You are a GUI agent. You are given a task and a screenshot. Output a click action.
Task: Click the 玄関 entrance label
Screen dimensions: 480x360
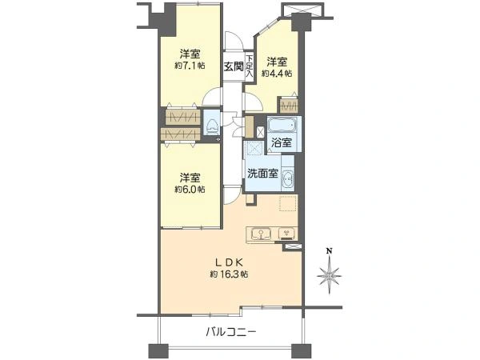tap(234, 66)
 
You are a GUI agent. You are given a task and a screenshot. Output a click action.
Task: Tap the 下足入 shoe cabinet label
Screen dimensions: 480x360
tap(250, 66)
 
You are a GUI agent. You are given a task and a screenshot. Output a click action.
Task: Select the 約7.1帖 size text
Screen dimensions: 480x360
tap(190, 66)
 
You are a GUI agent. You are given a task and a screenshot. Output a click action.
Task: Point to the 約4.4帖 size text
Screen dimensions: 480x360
tap(277, 74)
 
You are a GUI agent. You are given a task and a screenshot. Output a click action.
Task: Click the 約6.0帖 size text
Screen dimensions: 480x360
tap(190, 189)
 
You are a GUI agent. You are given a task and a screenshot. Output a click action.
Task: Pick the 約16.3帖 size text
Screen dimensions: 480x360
tap(229, 274)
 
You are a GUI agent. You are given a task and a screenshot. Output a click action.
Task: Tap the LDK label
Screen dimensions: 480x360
tap(229, 262)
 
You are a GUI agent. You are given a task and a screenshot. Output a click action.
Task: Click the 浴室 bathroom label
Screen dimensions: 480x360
tap(282, 142)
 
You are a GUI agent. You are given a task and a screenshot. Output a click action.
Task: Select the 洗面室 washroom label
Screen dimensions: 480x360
tap(262, 174)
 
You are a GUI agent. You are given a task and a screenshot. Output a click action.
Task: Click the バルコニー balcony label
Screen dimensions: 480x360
tap(231, 331)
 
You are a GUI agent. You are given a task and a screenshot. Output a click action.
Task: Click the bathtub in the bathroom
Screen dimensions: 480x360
tap(282, 125)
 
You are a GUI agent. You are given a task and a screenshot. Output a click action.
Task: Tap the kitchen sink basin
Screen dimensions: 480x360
tap(261, 234)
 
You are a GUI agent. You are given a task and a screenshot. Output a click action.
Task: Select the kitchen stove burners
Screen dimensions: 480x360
tap(287, 234)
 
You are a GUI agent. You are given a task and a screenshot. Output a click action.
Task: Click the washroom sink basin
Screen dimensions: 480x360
tap(288, 178)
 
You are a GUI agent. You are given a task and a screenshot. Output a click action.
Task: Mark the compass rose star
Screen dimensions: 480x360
tap(330, 274)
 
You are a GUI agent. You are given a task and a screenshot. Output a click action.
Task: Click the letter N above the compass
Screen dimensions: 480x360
tap(330, 251)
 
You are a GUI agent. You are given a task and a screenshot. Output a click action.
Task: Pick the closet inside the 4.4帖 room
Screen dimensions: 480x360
tap(288, 106)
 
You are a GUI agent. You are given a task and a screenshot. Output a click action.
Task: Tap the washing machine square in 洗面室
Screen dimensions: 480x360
tap(254, 149)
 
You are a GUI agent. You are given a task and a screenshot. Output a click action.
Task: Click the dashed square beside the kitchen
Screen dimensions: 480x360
tap(287, 203)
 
